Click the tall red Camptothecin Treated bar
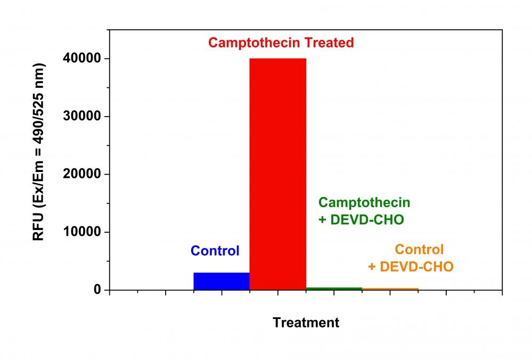tap(277, 174)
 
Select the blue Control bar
tap(221, 281)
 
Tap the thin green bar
tap(334, 289)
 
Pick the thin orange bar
tap(390, 289)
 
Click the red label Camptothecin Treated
tap(281, 43)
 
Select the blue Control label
tap(215, 251)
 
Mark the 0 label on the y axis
tap(97, 290)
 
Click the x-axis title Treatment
tap(306, 322)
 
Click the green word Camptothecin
tap(365, 202)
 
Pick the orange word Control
tap(419, 249)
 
